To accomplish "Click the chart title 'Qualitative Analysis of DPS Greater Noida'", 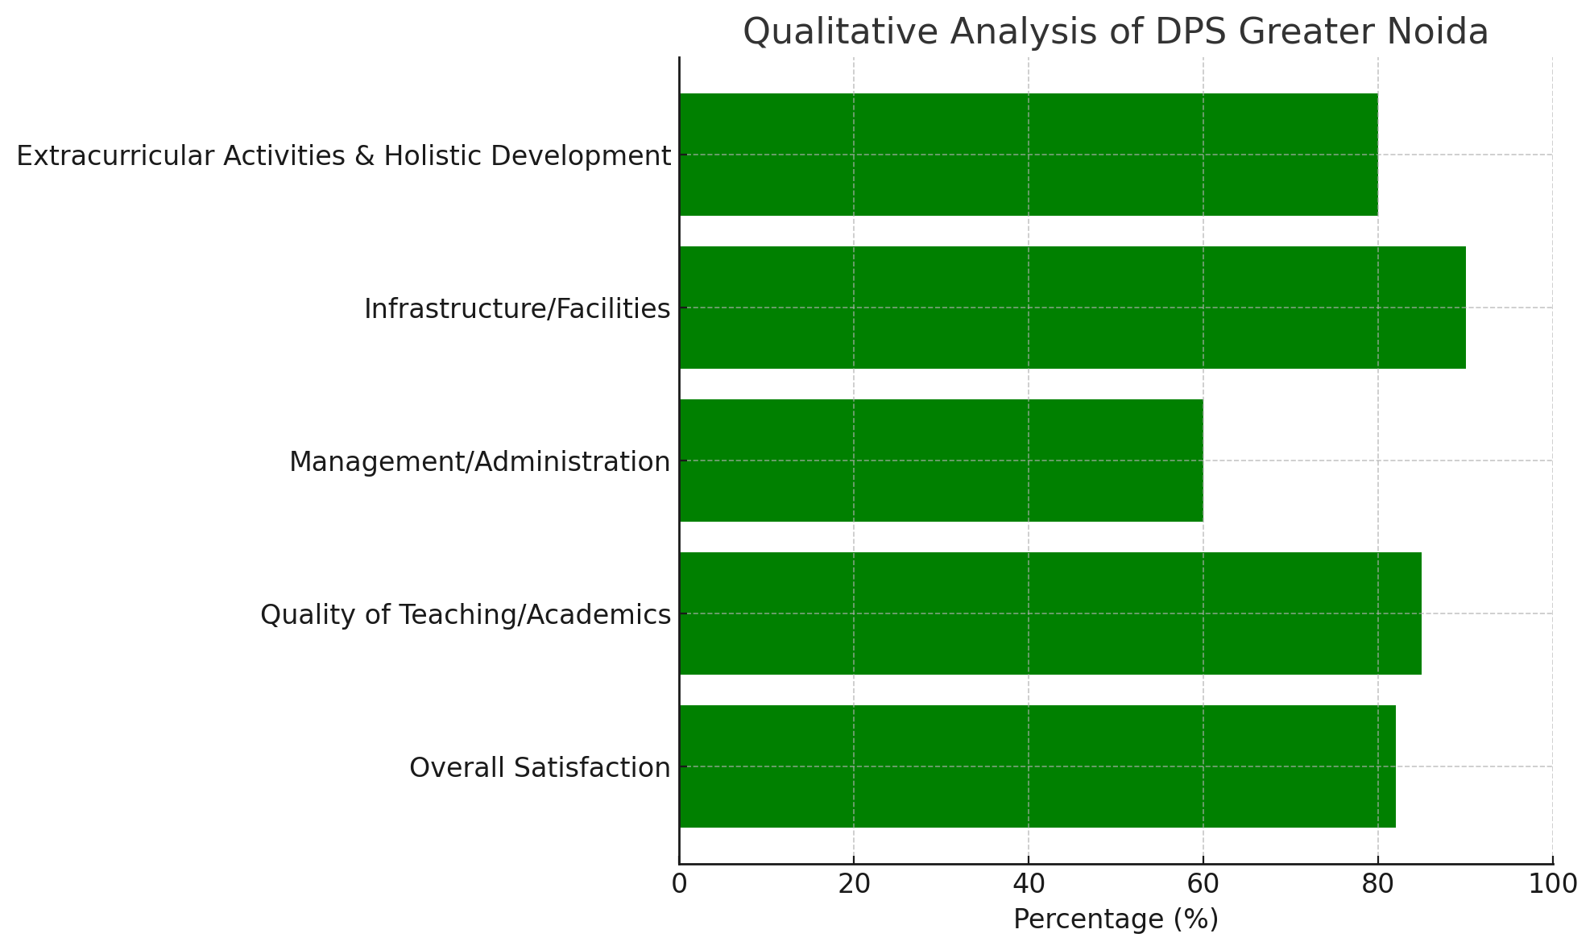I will [x=1115, y=32].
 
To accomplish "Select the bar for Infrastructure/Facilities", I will [x=1071, y=308].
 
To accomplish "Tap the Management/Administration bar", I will [x=941, y=461].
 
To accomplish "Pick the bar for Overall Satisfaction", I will [x=1037, y=766].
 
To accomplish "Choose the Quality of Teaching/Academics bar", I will [x=1050, y=613].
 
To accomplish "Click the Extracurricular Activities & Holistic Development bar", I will [x=1028, y=155].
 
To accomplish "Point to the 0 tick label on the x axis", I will [x=679, y=884].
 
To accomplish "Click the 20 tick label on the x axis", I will [x=854, y=884].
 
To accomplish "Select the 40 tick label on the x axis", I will [x=1029, y=884].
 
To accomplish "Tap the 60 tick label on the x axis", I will [x=1203, y=884].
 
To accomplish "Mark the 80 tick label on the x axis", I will [x=1377, y=884].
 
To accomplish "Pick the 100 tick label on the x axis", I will [x=1552, y=884].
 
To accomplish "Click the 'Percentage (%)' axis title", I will [x=1116, y=919].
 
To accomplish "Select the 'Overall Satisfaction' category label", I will [x=540, y=768].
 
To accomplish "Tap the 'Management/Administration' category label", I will [x=479, y=462].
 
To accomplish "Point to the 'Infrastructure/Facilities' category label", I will [x=517, y=309].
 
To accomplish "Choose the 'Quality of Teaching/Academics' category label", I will [x=466, y=615].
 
